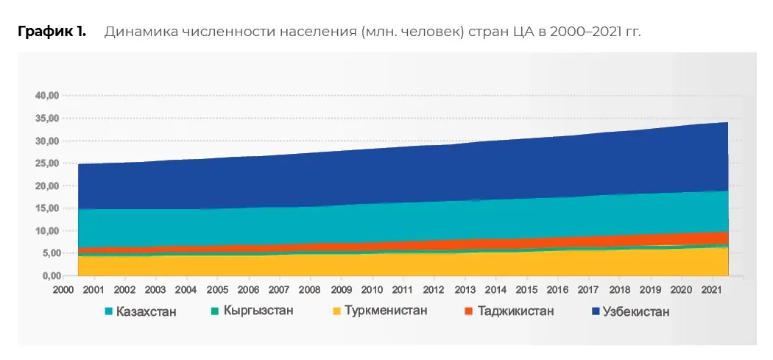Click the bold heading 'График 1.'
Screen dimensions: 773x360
point(52,32)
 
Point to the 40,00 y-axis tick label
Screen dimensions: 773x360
point(47,95)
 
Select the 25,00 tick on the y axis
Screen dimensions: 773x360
point(47,163)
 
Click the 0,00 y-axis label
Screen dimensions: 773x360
point(50,275)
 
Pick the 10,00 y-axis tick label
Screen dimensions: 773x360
point(47,230)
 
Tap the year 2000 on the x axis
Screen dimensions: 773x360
point(63,291)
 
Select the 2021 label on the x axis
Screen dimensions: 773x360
point(712,291)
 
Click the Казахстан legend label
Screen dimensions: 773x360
point(147,311)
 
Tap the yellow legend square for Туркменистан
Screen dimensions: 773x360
point(336,311)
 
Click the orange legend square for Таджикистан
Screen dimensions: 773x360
point(469,311)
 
